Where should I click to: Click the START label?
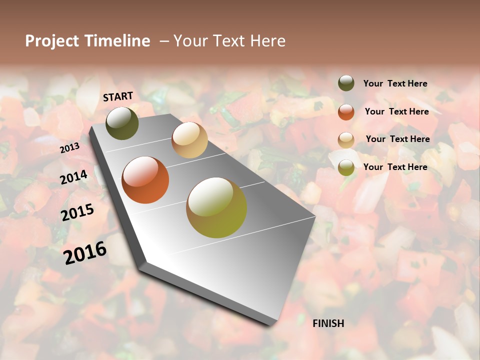click(x=118, y=96)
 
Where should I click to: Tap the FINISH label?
click(x=328, y=323)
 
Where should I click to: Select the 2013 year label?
click(x=69, y=148)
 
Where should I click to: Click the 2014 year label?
click(x=74, y=177)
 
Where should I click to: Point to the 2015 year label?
click(x=77, y=212)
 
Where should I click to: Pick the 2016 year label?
click(x=85, y=252)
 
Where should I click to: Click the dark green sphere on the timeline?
click(x=122, y=123)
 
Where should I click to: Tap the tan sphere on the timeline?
click(x=189, y=140)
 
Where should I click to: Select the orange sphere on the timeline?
click(x=145, y=180)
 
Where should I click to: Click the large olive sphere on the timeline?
click(x=216, y=207)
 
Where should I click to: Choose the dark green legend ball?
click(x=346, y=83)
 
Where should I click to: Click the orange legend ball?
click(x=346, y=112)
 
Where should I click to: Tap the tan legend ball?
click(x=346, y=140)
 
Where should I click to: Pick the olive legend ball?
click(x=346, y=167)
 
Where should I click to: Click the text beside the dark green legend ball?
click(x=395, y=84)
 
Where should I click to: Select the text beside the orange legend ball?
click(x=396, y=111)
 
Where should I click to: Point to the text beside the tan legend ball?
click(x=397, y=139)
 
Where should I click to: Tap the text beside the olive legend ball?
click(x=395, y=167)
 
